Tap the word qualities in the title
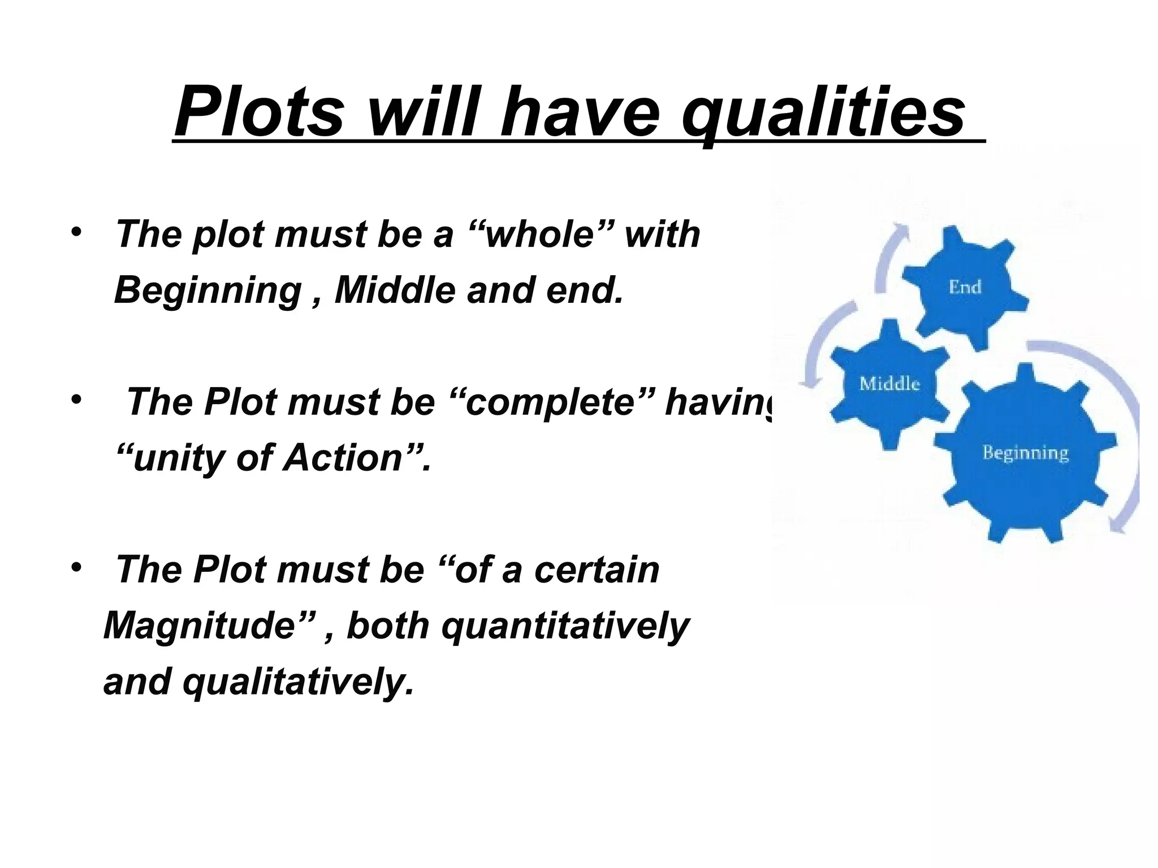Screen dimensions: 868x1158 (823, 113)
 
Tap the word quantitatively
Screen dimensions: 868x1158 (565, 626)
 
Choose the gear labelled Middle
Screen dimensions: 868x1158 (889, 384)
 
